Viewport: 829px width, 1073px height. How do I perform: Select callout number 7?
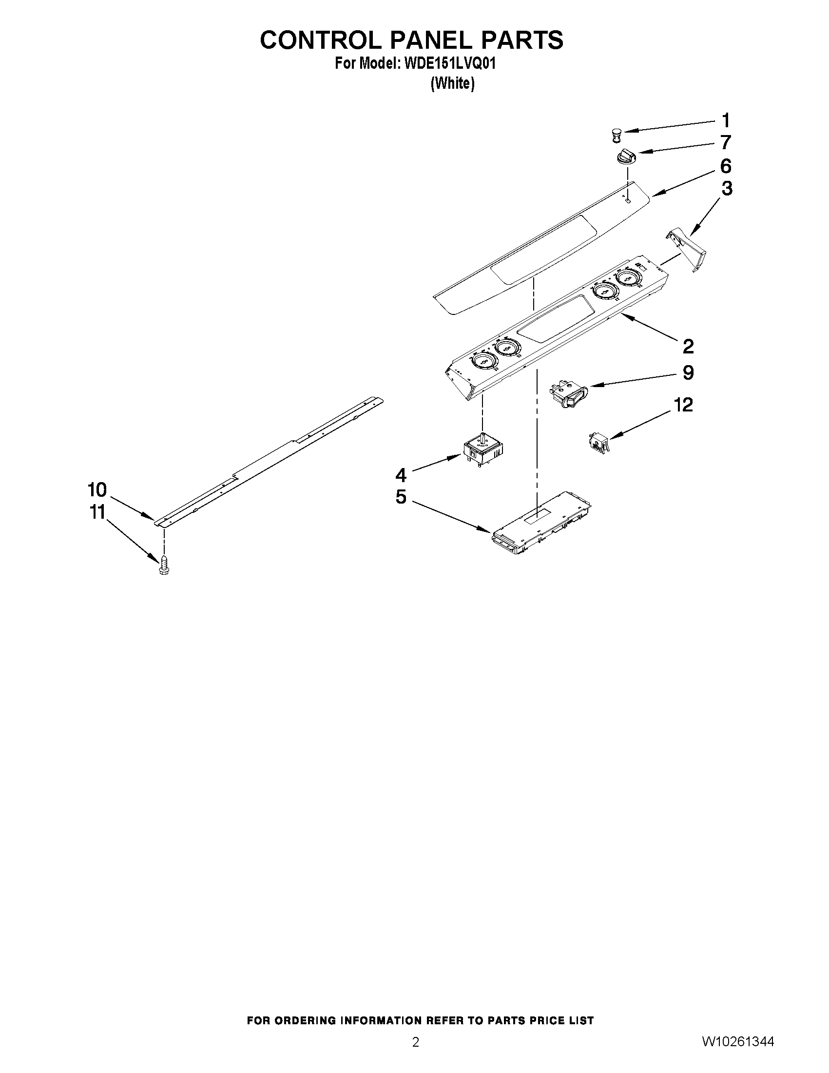click(x=725, y=142)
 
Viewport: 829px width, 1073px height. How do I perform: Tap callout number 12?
click(x=683, y=405)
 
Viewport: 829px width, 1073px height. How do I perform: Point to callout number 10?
click(x=97, y=489)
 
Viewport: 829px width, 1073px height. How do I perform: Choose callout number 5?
click(x=401, y=497)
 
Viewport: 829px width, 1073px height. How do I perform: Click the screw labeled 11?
click(x=164, y=565)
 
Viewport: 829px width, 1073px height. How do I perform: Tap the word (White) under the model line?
click(x=452, y=84)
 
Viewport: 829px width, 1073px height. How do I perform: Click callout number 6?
click(x=725, y=166)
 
